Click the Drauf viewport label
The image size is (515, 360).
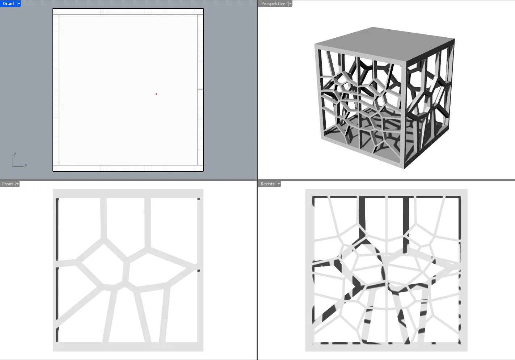(8, 4)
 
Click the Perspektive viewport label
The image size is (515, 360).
(273, 4)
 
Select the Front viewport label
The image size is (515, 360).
(8, 184)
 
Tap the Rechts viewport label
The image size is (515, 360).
(267, 184)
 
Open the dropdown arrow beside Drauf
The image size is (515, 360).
(19, 4)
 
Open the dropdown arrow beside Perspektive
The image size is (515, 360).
(290, 4)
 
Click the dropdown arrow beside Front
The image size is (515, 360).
(17, 184)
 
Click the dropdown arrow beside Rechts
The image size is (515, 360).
(279, 184)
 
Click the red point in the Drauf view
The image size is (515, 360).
(156, 94)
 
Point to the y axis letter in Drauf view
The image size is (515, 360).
(15, 154)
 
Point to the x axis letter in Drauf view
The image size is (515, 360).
(26, 165)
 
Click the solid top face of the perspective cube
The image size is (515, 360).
(384, 44)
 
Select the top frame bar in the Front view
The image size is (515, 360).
(128, 193)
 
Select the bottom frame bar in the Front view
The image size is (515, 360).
(128, 347)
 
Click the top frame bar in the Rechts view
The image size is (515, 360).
(386, 193)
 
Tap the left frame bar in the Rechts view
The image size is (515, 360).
(309, 270)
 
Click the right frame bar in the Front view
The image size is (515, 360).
(200, 270)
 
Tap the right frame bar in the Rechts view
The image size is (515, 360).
(464, 270)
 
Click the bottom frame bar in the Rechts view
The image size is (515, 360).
(386, 348)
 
